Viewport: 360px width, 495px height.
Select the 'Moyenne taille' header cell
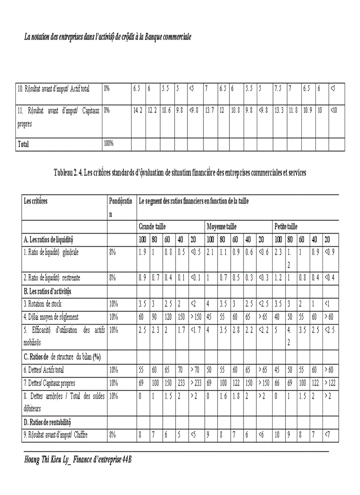[221, 227]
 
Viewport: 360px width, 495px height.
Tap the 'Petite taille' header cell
[286, 227]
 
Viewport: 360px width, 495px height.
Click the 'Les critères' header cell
[36, 201]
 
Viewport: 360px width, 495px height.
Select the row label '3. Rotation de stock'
[43, 304]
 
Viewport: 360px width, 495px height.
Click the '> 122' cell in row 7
[329, 383]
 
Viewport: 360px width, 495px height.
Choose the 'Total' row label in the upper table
[23, 144]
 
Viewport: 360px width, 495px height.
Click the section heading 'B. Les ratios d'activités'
[47, 291]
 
